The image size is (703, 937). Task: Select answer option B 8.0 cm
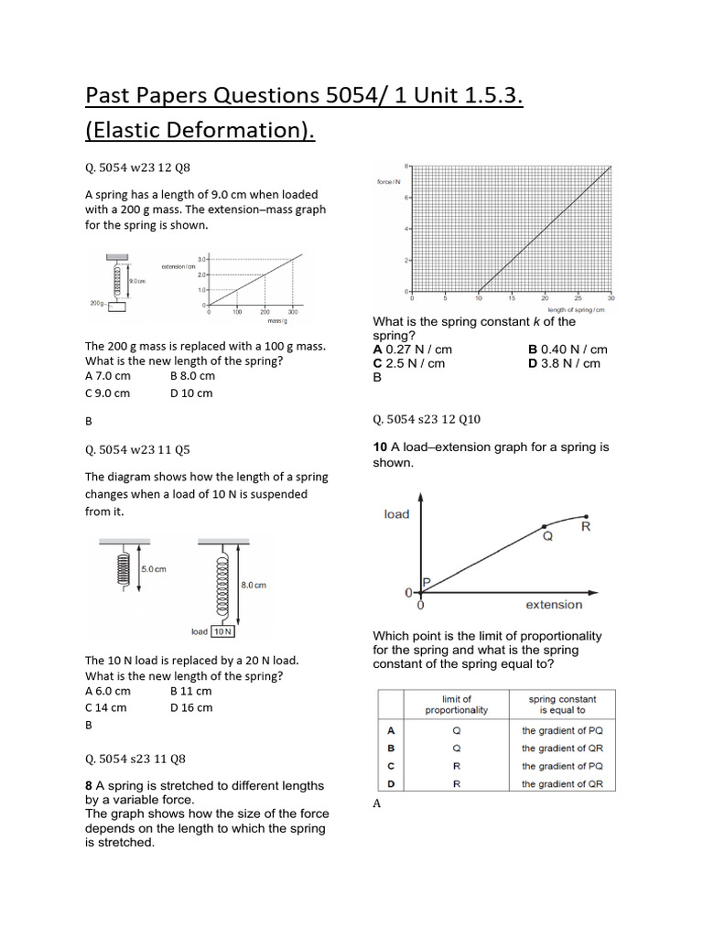click(x=192, y=375)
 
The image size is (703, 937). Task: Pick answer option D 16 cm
click(x=191, y=707)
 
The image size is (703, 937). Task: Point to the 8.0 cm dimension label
click(x=254, y=585)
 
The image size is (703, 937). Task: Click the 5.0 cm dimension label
click(x=154, y=568)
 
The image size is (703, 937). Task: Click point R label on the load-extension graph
click(x=586, y=528)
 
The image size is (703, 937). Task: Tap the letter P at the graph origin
click(x=426, y=582)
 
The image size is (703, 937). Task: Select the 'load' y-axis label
click(x=396, y=514)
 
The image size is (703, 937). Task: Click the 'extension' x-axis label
click(x=553, y=605)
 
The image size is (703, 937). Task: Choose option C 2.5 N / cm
click(x=408, y=363)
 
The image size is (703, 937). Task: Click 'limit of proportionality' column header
click(x=456, y=705)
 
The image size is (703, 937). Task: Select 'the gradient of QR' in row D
click(x=562, y=784)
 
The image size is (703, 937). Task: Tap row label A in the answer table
click(x=391, y=731)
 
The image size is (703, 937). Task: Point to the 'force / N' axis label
click(x=390, y=182)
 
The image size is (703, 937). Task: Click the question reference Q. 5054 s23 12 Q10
click(x=426, y=419)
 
